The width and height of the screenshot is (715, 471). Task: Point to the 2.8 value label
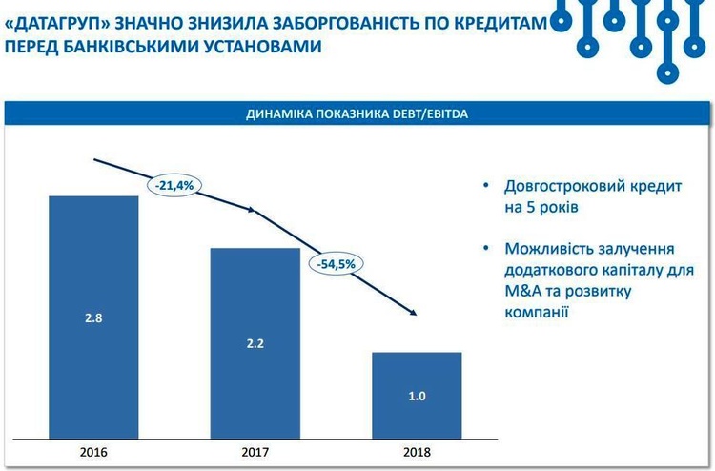[x=93, y=317]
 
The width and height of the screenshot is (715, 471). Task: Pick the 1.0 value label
[x=417, y=394]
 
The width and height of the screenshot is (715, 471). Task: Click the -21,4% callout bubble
[x=174, y=185]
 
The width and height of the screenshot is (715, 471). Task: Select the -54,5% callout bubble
[x=337, y=263]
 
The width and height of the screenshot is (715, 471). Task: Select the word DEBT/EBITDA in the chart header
[x=428, y=114]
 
